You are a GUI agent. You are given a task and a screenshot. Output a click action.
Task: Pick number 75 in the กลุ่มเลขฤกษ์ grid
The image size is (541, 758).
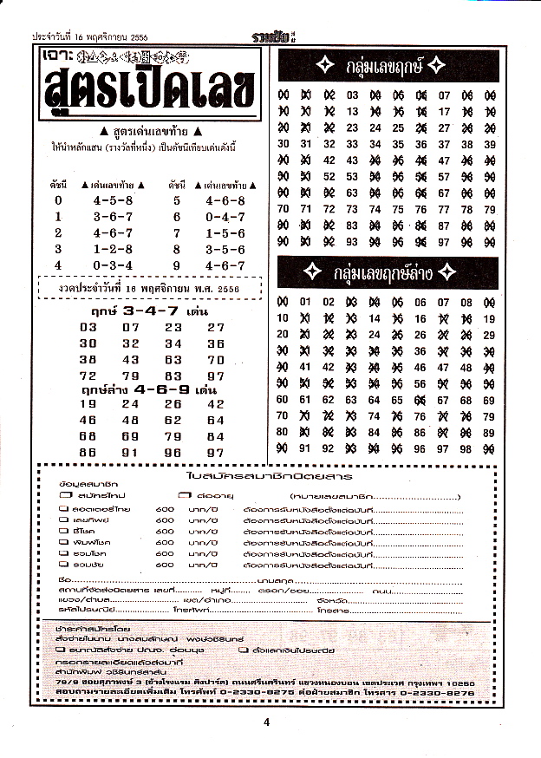(x=398, y=208)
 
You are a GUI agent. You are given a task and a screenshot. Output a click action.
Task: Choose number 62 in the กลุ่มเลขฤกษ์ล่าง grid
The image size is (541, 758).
(x=329, y=400)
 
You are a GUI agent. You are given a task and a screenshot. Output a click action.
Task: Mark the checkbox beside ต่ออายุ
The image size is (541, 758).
(x=185, y=494)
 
